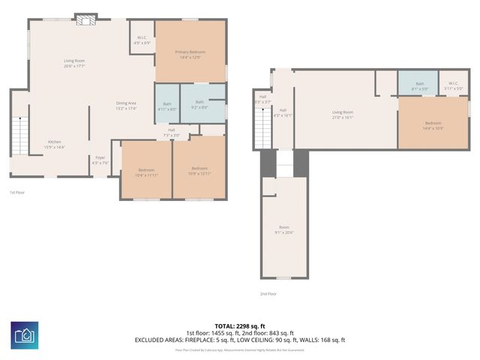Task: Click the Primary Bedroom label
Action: point(190,54)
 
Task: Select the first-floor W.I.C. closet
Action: point(142,40)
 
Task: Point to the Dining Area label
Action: point(126,105)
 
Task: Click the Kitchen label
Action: point(55,144)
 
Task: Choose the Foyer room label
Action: point(100,160)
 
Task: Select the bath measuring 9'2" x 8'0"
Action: point(199,104)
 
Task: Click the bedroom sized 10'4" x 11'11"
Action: point(147,172)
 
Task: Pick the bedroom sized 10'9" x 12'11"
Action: point(199,170)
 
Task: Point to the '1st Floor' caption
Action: point(17,193)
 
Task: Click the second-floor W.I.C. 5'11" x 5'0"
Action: point(454,85)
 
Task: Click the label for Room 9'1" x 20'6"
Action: point(284,229)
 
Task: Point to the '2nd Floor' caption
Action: point(268,294)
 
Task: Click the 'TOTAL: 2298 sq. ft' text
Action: point(239,325)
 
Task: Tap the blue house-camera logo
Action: point(25,334)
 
